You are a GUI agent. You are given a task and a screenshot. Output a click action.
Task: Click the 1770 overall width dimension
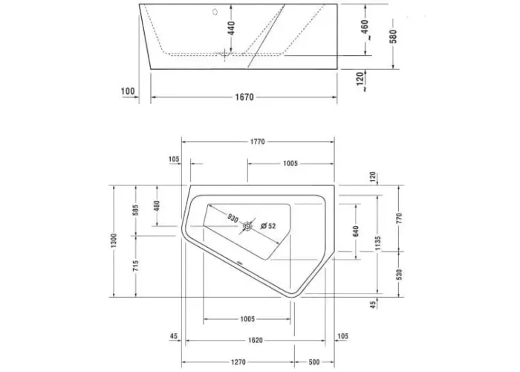point(257,142)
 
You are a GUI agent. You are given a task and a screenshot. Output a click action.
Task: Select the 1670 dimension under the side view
point(244,97)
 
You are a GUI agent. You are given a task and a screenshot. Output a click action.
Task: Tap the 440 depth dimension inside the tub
point(232,28)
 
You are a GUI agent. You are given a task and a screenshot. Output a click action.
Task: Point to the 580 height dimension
point(393,36)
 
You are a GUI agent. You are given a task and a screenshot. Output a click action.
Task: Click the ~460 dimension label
point(365,30)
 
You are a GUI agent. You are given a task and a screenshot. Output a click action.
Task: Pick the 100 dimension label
point(128,91)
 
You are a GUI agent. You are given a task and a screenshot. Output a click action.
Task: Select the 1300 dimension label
point(114,240)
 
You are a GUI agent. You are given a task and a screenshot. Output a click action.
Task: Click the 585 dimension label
point(135,210)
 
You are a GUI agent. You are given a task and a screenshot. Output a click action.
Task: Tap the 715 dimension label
point(135,266)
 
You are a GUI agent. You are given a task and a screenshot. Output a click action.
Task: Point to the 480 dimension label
point(157,205)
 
